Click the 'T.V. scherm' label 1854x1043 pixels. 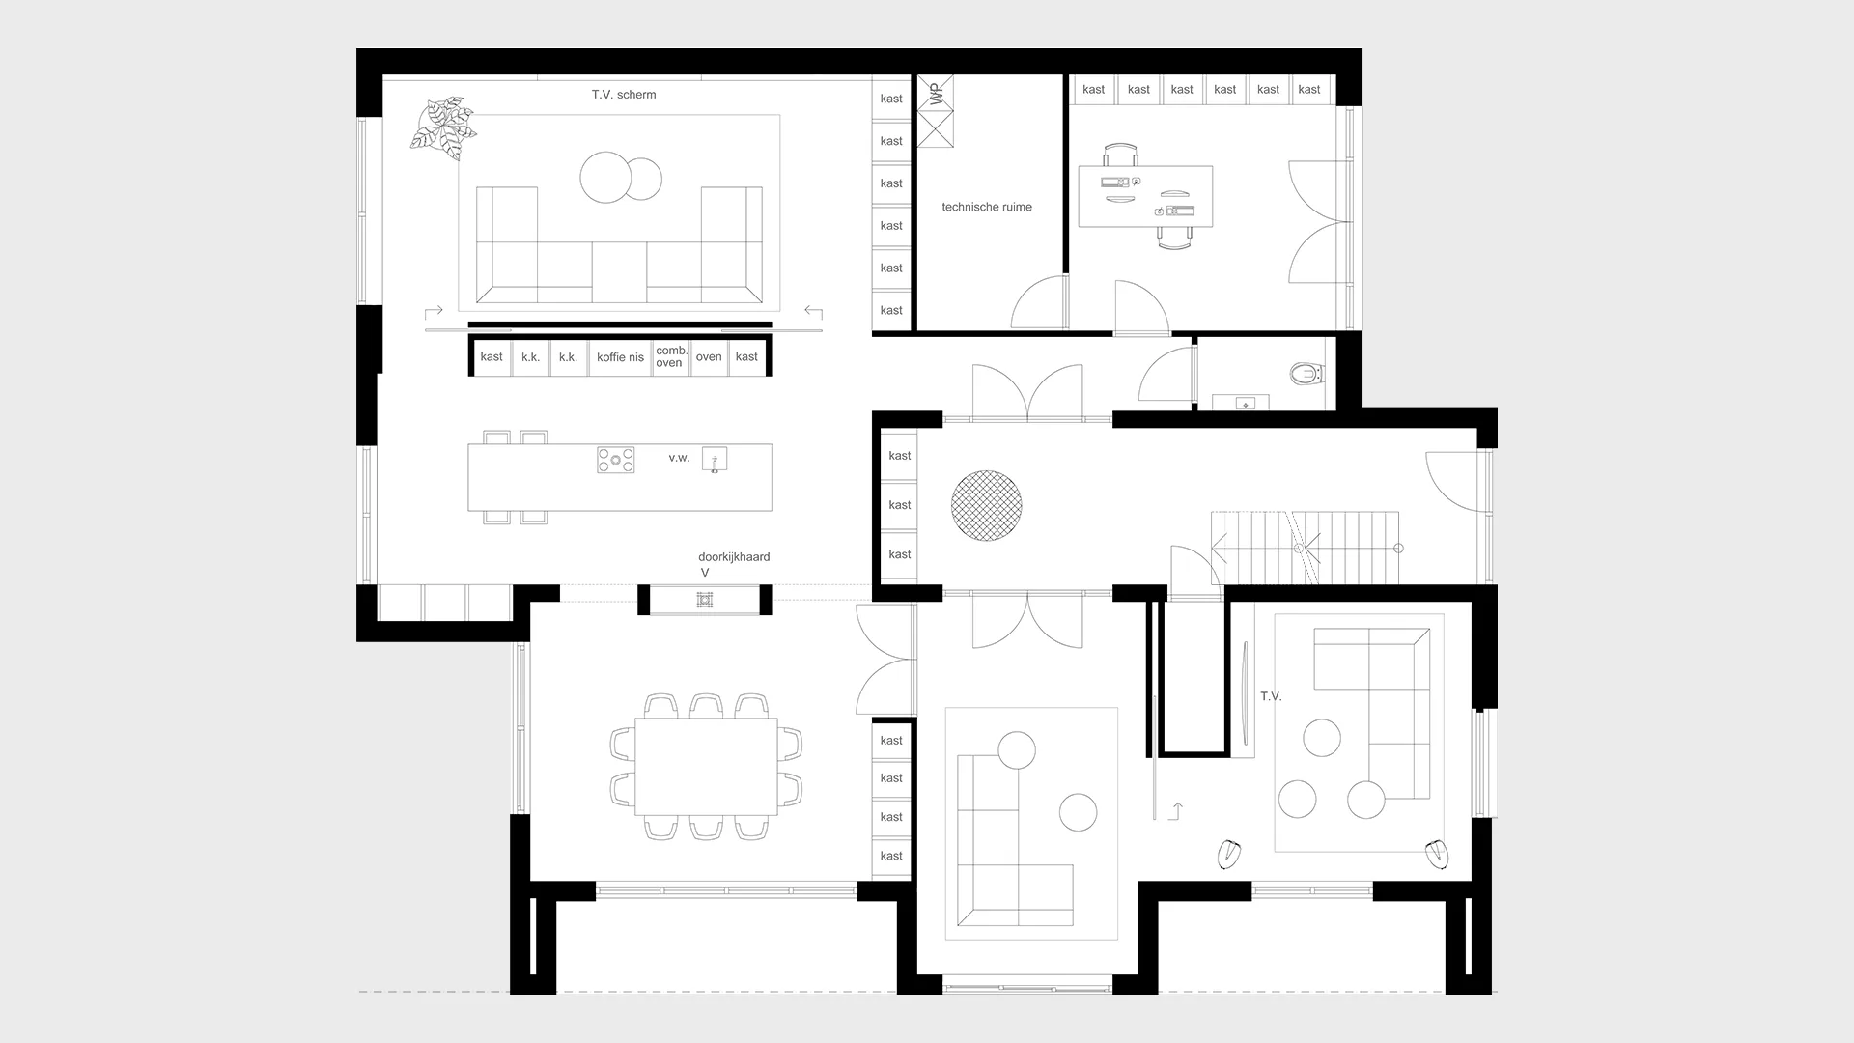click(x=624, y=95)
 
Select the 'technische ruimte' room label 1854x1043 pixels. click(x=987, y=207)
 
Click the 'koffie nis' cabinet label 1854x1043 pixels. click(x=620, y=357)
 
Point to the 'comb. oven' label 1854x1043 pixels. click(x=671, y=356)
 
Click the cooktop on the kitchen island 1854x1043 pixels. click(x=615, y=460)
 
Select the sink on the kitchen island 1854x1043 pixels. click(x=715, y=459)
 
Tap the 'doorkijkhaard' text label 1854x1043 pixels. click(x=734, y=557)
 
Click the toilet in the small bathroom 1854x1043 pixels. click(x=1306, y=372)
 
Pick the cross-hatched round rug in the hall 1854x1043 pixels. click(x=986, y=505)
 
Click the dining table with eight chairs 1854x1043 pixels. click(x=706, y=766)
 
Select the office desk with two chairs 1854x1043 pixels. click(x=1145, y=197)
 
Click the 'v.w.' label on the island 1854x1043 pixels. click(x=679, y=458)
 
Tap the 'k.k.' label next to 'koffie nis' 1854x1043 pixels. click(x=568, y=357)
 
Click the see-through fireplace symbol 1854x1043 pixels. click(x=705, y=601)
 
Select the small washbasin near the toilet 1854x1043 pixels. click(x=1246, y=402)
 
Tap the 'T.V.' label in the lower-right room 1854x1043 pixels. click(x=1271, y=696)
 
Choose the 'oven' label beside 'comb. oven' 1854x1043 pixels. click(x=709, y=357)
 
